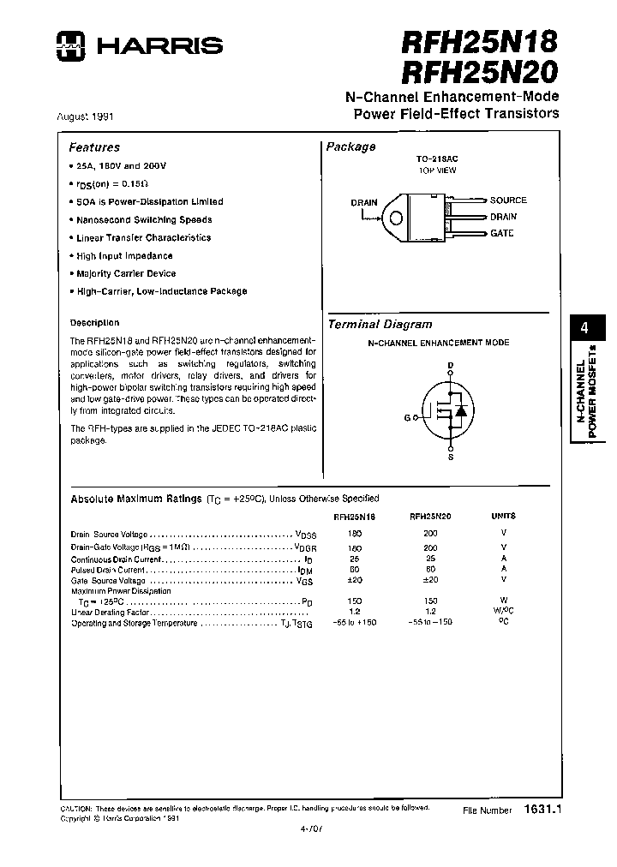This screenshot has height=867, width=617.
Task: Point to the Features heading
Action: point(94,147)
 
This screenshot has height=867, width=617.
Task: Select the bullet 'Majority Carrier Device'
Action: point(125,273)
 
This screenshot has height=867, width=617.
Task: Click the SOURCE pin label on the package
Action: point(508,200)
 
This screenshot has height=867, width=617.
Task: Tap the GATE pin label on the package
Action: point(502,233)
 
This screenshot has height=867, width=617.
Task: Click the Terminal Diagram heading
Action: point(380,325)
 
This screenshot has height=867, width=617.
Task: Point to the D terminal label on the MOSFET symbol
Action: point(449,366)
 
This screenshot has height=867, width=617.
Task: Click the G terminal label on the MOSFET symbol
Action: point(407,417)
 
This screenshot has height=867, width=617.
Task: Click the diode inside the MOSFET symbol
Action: point(460,410)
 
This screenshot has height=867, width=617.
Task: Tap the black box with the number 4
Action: point(584,329)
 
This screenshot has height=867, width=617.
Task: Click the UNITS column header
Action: point(503,517)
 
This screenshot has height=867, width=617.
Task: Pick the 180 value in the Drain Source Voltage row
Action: point(356,534)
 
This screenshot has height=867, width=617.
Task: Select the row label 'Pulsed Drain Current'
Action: point(108,569)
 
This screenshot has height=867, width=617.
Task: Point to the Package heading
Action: point(350,146)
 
